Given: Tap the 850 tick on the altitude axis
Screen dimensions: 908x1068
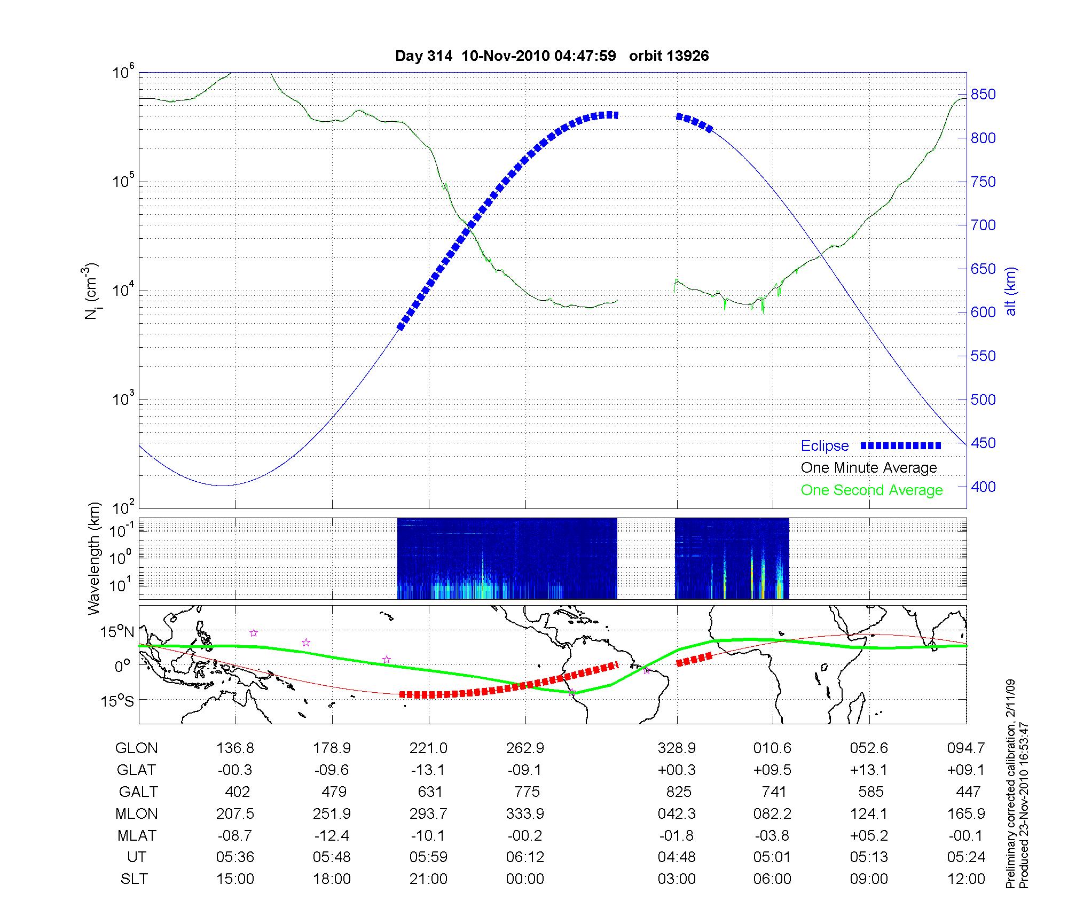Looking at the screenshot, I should pyautogui.click(x=983, y=95).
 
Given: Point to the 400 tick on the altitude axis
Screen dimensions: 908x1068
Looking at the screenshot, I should pyautogui.click(x=983, y=487).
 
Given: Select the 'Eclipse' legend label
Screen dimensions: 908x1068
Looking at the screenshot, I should pyautogui.click(x=824, y=446).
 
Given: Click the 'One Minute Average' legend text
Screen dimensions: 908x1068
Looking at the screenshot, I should pyautogui.click(x=869, y=468).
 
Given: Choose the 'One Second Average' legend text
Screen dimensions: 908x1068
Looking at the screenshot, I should pyautogui.click(x=871, y=490).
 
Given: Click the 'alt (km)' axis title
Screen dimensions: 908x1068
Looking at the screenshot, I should pyautogui.click(x=1011, y=291).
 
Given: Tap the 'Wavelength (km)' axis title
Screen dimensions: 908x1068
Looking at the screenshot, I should pyautogui.click(x=95, y=558).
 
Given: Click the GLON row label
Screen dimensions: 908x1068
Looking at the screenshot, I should pyautogui.click(x=136, y=748).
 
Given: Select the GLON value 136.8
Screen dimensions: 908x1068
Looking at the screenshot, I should pyautogui.click(x=235, y=748).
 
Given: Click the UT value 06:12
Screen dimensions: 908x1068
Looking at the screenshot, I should pyautogui.click(x=525, y=857).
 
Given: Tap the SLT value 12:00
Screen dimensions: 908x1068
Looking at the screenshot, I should pyautogui.click(x=966, y=879).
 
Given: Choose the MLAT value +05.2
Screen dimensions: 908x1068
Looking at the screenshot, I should pyautogui.click(x=869, y=835).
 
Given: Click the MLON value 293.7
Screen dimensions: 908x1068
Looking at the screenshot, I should pyautogui.click(x=428, y=813).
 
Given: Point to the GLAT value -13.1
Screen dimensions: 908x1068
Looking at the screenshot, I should pyautogui.click(x=428, y=770).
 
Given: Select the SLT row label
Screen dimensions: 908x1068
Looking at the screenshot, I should pyautogui.click(x=134, y=879).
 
